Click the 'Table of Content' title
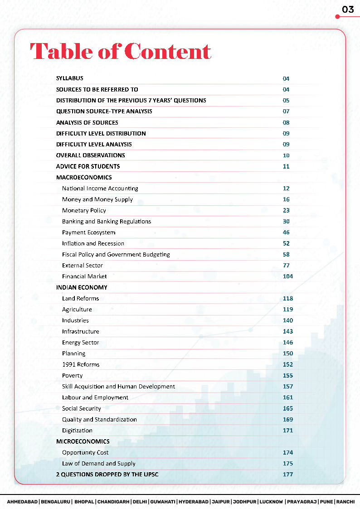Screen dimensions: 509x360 (121, 51)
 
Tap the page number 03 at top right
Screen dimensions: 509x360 (348, 10)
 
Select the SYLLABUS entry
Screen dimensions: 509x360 (70, 78)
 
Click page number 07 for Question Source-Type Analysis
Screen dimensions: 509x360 (286, 111)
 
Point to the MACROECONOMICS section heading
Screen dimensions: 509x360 (84, 177)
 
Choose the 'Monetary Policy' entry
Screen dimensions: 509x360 (84, 210)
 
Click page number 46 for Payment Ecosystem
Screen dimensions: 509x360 (286, 233)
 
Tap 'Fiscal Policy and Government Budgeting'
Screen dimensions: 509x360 (116, 254)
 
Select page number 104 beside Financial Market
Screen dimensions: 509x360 (288, 276)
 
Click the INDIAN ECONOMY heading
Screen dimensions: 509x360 (82, 287)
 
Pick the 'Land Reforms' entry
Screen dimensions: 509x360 (80, 298)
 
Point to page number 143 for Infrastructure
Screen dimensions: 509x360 (288, 331)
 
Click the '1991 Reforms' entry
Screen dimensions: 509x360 (81, 364)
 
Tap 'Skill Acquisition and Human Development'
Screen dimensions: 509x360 (118, 387)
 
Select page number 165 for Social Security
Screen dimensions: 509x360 (288, 408)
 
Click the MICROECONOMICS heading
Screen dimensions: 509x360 (83, 441)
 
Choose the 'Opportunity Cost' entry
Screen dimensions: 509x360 (85, 452)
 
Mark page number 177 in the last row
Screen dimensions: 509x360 (288, 475)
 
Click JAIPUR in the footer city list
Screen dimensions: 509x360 (220, 502)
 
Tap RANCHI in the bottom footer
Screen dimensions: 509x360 (345, 502)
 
